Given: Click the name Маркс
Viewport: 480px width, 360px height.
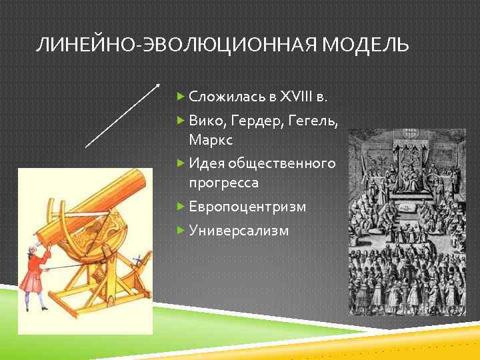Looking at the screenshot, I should [x=210, y=140].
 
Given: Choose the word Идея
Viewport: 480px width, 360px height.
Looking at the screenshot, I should [x=207, y=163].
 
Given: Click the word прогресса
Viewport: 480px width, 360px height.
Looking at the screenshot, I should [x=223, y=183].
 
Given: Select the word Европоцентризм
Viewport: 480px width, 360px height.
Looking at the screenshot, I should [x=247, y=207].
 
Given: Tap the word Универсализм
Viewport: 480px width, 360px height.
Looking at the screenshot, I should [x=239, y=231].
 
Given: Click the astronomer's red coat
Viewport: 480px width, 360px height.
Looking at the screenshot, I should [x=33, y=273].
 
